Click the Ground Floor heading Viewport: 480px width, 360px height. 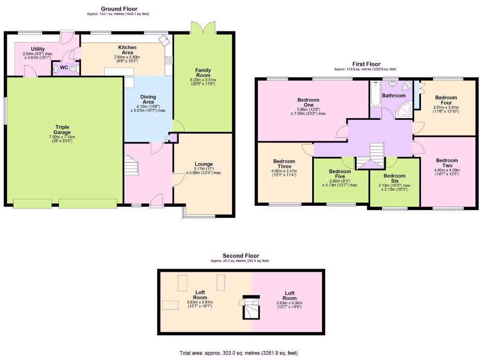click(119, 9)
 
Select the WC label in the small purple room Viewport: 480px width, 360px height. click(64, 68)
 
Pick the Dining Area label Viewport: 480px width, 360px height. click(148, 99)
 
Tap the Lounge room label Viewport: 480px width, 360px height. click(203, 164)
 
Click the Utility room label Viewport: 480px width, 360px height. click(37, 49)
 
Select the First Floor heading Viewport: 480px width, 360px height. click(366, 64)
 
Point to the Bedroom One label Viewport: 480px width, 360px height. click(308, 102)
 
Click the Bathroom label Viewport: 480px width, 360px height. click(393, 96)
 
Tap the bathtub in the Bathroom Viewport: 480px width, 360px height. click(375, 94)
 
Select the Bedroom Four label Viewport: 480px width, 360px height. click(445, 100)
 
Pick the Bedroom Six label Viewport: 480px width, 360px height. click(394, 179)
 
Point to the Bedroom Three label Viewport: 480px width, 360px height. click(284, 164)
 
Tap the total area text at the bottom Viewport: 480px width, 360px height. click(240, 353)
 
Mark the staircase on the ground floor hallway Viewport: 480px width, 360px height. click(131, 165)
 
